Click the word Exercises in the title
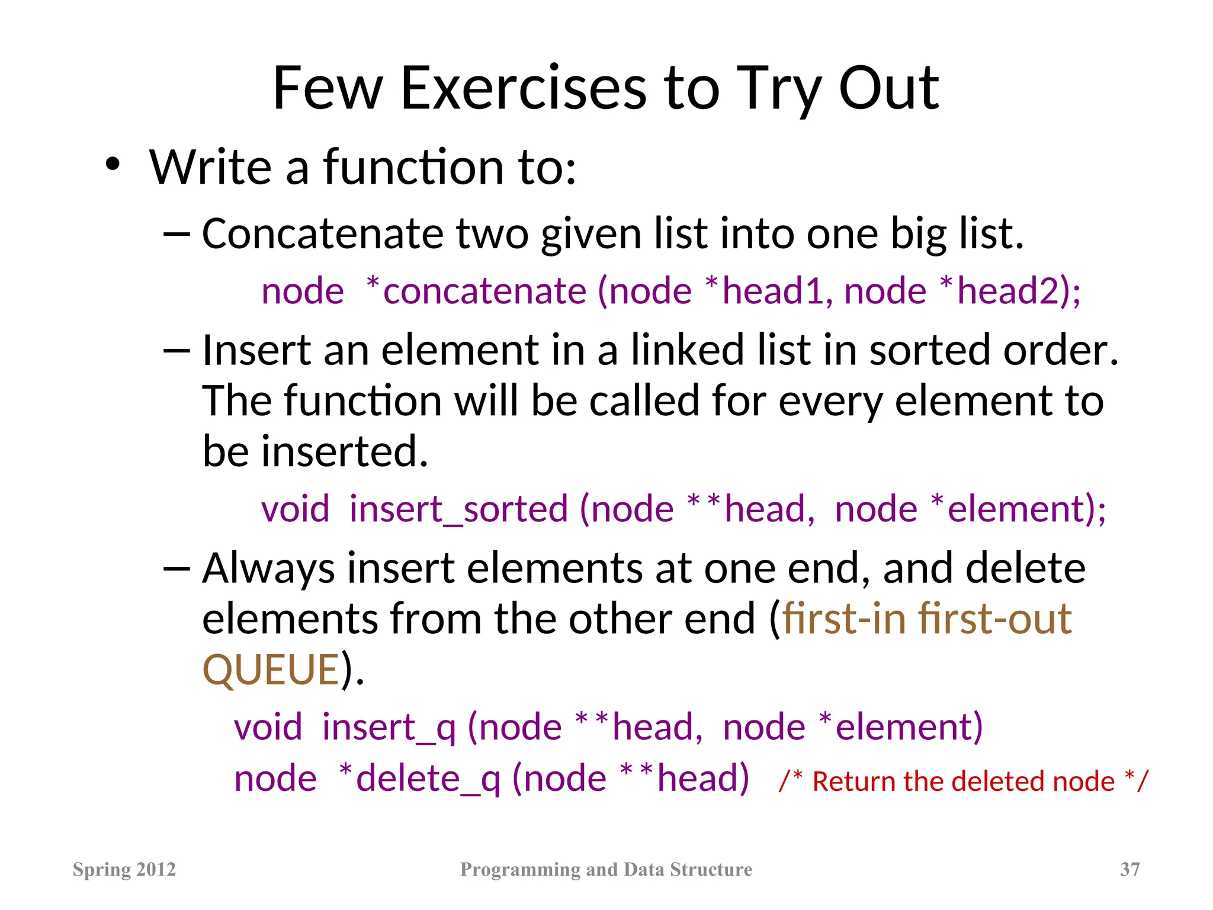(524, 89)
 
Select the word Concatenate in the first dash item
(323, 233)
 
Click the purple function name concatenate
(484, 291)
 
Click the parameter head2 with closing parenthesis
(1019, 291)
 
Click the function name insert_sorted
(458, 509)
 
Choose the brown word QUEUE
(271, 670)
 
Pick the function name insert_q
(389, 728)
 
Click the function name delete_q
(428, 778)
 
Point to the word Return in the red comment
(855, 781)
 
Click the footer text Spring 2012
(124, 869)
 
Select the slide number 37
(1129, 869)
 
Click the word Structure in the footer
(711, 869)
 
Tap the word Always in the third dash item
(268, 569)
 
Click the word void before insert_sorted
(296, 509)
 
